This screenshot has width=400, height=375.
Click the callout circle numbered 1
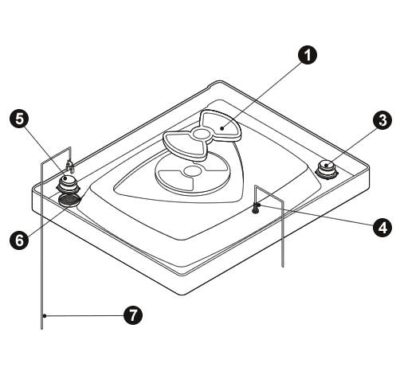[x=308, y=55]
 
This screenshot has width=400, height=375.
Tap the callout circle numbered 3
[x=382, y=120]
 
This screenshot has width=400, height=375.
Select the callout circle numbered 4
[x=382, y=228]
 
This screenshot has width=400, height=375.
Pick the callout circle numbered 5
[x=19, y=119]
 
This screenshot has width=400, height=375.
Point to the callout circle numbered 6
[x=19, y=240]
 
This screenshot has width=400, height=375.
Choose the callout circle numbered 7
[x=133, y=315]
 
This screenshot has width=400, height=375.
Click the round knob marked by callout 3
[x=327, y=170]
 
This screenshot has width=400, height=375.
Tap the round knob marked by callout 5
[x=68, y=184]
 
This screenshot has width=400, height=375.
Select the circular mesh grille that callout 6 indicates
[x=69, y=200]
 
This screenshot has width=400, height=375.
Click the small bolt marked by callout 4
[x=256, y=208]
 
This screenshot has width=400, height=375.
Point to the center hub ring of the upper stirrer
[x=201, y=134]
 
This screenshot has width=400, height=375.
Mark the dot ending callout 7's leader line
[x=45, y=316]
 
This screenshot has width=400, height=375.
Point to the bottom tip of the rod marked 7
[x=41, y=329]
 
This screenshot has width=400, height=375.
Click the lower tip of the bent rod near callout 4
[x=283, y=267]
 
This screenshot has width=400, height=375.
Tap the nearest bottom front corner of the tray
[x=183, y=295]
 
